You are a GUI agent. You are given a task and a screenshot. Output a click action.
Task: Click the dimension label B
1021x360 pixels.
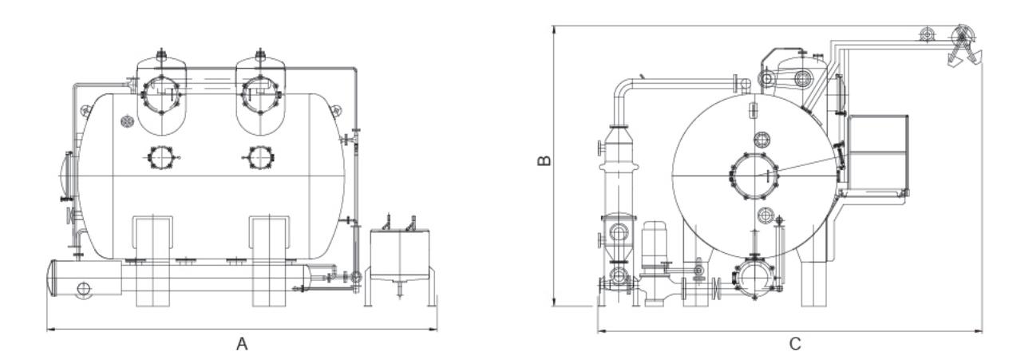pos(544,160)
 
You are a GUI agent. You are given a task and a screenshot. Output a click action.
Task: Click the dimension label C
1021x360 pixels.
pos(794,344)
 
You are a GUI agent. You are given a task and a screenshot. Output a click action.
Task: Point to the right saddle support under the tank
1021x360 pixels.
pos(269,259)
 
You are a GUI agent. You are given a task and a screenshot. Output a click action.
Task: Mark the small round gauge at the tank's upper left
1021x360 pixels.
pos(125,121)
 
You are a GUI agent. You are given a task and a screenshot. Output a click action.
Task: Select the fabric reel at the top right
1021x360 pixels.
pos(964,36)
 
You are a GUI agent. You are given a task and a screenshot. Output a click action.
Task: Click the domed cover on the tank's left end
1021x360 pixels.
pos(66,172)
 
